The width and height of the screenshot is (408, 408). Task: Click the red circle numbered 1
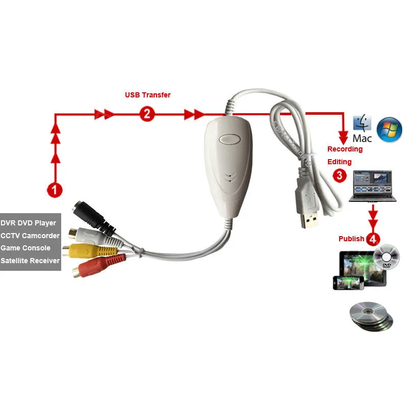[x=55, y=190]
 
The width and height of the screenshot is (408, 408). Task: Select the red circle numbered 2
[x=147, y=114]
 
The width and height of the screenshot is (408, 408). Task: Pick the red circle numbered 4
[x=374, y=238]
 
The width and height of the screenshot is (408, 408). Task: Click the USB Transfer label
[x=148, y=95]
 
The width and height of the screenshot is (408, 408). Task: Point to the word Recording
[x=345, y=149]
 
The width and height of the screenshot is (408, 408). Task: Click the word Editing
[x=339, y=162]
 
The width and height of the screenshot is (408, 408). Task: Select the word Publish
[x=351, y=239]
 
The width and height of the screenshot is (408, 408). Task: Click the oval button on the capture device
[x=227, y=139]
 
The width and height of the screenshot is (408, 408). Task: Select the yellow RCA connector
[x=85, y=250]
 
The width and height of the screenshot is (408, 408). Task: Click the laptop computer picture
[x=372, y=186]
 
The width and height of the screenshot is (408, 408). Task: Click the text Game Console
[x=25, y=248]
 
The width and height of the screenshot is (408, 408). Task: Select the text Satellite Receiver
[x=30, y=261]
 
